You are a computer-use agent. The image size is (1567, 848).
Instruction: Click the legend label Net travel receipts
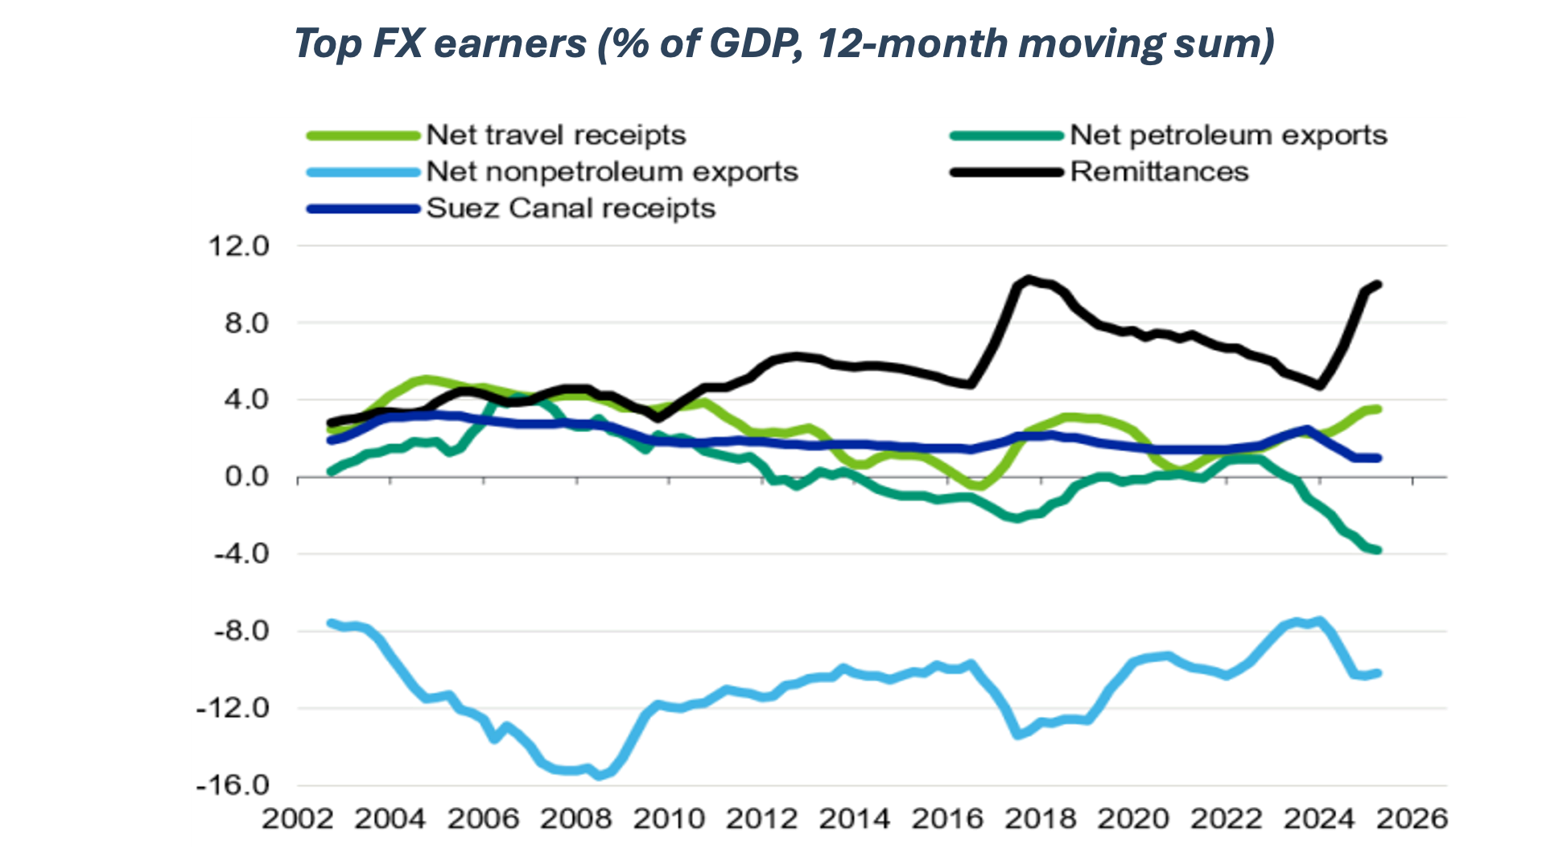click(x=555, y=135)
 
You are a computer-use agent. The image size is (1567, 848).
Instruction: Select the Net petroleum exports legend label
click(x=1228, y=135)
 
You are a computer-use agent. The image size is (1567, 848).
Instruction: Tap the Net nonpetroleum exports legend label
click(x=612, y=171)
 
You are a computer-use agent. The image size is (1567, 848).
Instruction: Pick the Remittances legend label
click(x=1159, y=171)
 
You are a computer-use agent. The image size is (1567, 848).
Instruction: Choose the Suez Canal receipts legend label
click(x=571, y=208)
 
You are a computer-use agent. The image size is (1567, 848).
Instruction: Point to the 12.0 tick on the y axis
click(x=238, y=246)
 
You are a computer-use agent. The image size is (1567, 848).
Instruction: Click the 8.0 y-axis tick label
click(x=246, y=323)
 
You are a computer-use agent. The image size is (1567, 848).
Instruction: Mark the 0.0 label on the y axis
click(x=246, y=476)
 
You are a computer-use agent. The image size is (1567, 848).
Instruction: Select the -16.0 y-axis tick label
click(x=233, y=784)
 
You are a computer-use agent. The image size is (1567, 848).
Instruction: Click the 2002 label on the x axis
click(x=297, y=819)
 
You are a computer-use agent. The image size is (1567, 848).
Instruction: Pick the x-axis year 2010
click(x=669, y=819)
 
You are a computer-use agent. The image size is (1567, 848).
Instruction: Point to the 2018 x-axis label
click(x=1041, y=819)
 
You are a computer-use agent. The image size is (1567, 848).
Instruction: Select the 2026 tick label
click(x=1412, y=819)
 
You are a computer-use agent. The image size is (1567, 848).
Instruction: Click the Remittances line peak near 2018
click(x=1028, y=279)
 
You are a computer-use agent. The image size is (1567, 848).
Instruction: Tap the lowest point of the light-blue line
click(x=598, y=776)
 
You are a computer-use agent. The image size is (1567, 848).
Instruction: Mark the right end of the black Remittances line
click(x=1379, y=284)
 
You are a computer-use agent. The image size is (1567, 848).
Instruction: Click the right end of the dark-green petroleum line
click(x=1379, y=550)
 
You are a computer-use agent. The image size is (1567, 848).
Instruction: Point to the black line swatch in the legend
click(x=1006, y=171)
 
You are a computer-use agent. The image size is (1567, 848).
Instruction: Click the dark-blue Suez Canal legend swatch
click(x=363, y=208)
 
